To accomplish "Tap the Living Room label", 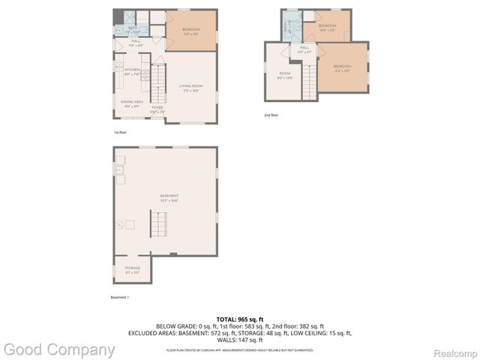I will click(190, 88).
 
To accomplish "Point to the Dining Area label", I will click(132, 103).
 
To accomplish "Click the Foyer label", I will click(157, 109).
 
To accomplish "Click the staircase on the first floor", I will click(157, 84).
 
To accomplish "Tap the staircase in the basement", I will click(158, 223).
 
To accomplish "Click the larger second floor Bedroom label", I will click(342, 68).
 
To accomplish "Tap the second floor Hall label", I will click(305, 49).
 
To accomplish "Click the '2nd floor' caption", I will click(271, 115).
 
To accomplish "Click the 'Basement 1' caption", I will click(120, 298).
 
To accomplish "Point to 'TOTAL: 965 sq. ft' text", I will click(240, 319).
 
